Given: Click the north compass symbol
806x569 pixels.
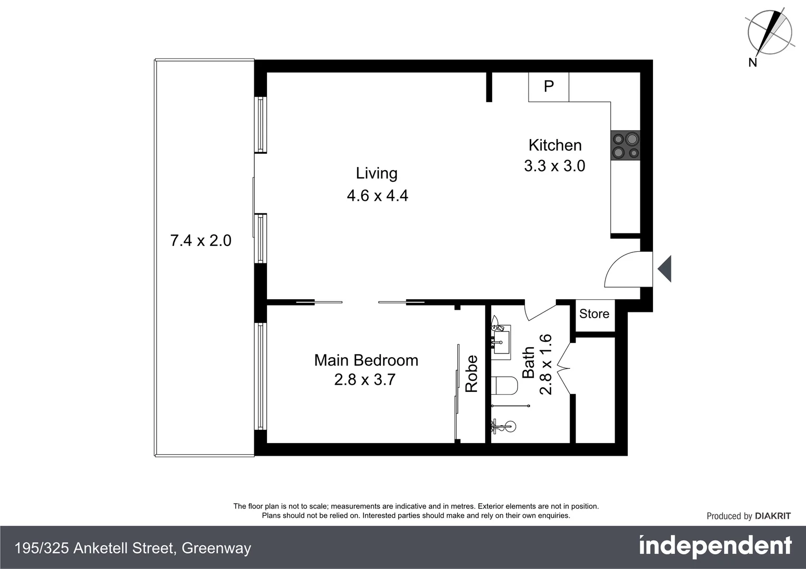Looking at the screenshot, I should [769, 33].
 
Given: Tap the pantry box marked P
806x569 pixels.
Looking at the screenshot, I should [549, 86].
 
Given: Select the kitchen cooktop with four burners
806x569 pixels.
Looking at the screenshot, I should [625, 146].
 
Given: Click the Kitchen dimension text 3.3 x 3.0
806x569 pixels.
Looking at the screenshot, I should [554, 166].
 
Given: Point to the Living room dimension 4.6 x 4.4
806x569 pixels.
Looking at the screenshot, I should [377, 196].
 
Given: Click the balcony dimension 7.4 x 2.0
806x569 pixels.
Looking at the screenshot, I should [200, 241].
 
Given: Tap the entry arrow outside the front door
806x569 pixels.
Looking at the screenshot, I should [665, 269].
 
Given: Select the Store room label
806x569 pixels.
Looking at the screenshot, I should [594, 314].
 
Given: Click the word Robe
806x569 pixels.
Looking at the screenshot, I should [471, 374].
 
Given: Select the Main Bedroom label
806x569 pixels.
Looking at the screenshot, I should [366, 360].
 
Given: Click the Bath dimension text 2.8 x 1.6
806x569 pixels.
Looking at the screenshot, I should [545, 364].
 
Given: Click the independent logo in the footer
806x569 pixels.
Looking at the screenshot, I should [715, 546].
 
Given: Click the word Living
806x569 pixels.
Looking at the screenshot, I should [377, 173].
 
